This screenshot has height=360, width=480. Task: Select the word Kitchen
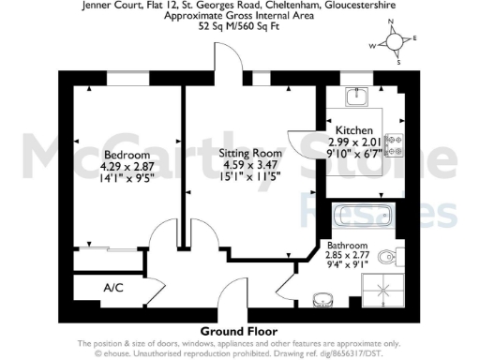355,129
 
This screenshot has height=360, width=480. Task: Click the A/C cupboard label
112,287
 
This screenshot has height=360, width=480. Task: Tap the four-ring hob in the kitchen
395,145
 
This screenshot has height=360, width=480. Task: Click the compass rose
396,43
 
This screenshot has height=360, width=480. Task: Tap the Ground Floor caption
239,331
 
